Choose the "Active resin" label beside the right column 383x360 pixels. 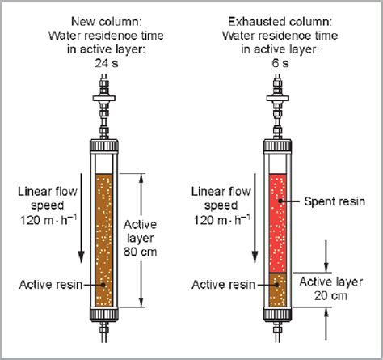222,283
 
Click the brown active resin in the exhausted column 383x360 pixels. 277,290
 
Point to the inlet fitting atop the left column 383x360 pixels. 103,101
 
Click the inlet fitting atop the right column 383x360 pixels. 277,101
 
